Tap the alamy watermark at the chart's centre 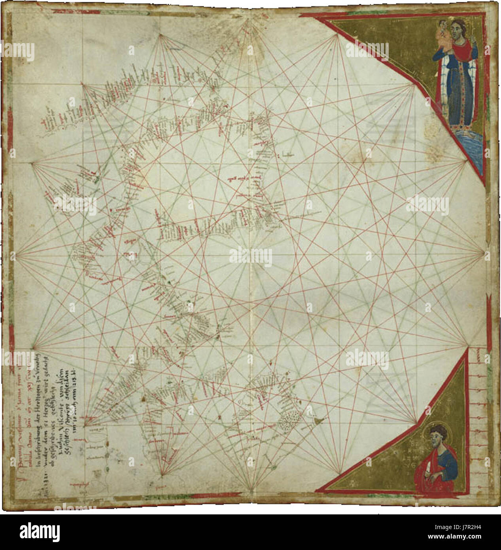(x=251, y=257)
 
